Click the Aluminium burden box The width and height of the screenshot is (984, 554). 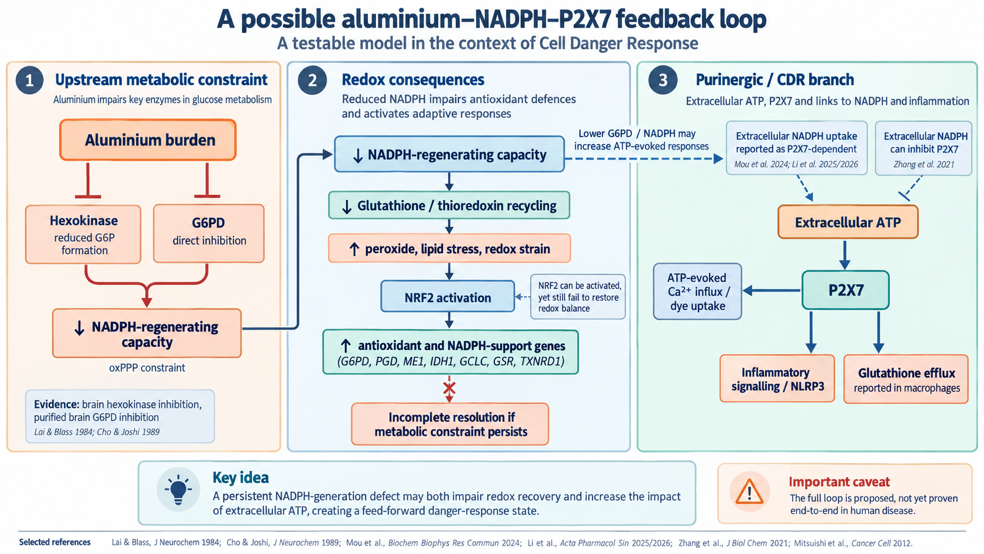click(x=148, y=140)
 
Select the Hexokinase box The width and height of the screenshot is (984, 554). click(x=83, y=234)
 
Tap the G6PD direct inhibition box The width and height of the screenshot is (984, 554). click(x=209, y=233)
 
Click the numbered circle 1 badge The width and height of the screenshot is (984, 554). click(x=29, y=81)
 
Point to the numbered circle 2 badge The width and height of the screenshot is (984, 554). click(x=313, y=81)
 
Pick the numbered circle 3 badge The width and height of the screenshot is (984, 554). click(x=663, y=80)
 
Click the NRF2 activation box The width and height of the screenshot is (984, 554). click(x=448, y=297)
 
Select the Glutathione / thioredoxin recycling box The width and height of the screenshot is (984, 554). click(x=449, y=205)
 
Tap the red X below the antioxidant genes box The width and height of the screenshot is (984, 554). click(x=449, y=388)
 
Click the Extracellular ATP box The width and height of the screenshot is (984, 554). click(x=848, y=222)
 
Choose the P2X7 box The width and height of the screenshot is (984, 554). click(x=846, y=290)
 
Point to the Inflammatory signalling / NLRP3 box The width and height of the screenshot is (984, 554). click(x=777, y=379)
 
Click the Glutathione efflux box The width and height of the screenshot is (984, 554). click(x=906, y=379)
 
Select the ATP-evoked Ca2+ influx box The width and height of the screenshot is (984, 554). click(x=697, y=291)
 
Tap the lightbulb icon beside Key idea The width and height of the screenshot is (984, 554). click(x=178, y=489)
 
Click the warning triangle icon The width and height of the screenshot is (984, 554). click(x=749, y=491)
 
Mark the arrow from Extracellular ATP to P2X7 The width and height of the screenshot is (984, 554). click(x=845, y=254)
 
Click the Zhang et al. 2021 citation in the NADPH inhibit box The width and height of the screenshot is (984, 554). click(x=924, y=164)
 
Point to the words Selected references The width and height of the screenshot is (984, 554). click(x=55, y=542)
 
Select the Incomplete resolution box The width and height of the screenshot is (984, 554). click(x=450, y=424)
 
